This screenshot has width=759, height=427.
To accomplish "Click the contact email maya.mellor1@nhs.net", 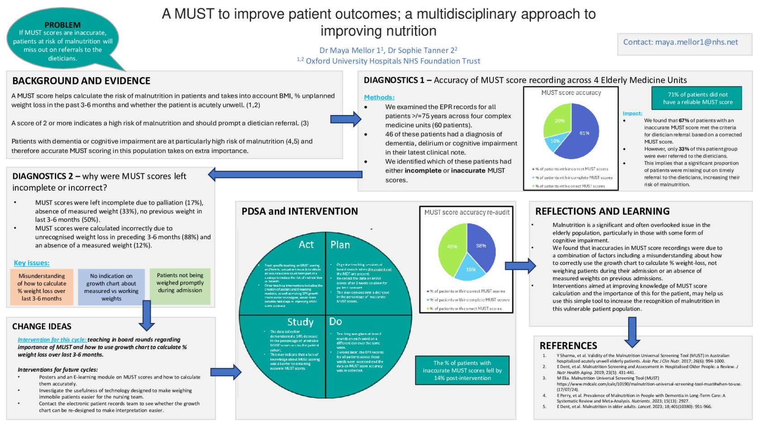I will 680,42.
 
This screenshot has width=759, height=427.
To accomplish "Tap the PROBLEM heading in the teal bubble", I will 62,25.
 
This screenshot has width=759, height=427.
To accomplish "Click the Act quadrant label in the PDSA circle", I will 306,245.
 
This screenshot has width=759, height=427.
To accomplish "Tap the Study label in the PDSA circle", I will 300,322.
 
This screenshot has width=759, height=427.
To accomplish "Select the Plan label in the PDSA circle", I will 340,245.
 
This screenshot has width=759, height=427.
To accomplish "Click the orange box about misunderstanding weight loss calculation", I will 42,287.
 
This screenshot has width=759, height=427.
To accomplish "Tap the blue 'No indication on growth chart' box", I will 111,287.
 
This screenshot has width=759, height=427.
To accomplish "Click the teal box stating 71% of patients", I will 697,98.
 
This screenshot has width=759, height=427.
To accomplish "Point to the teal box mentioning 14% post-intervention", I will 462,370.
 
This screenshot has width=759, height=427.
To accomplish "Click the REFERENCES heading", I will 568,345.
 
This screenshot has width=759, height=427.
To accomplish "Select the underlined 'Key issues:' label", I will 32,263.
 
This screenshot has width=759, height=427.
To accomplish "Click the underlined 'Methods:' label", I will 379,97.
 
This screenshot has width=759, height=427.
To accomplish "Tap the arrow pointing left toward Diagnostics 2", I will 285,174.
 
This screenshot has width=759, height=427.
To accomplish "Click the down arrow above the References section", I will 632,332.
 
